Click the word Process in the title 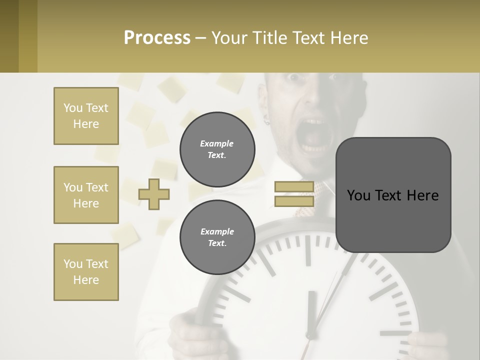(157, 38)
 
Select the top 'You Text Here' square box (86, 116)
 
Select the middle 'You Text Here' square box (86, 195)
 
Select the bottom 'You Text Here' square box (86, 272)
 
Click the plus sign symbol (154, 194)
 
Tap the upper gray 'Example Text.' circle (217, 149)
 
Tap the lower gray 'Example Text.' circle (217, 237)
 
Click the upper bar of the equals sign (294, 187)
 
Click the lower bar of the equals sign (294, 201)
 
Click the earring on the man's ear (267, 120)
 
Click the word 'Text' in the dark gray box (392, 195)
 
